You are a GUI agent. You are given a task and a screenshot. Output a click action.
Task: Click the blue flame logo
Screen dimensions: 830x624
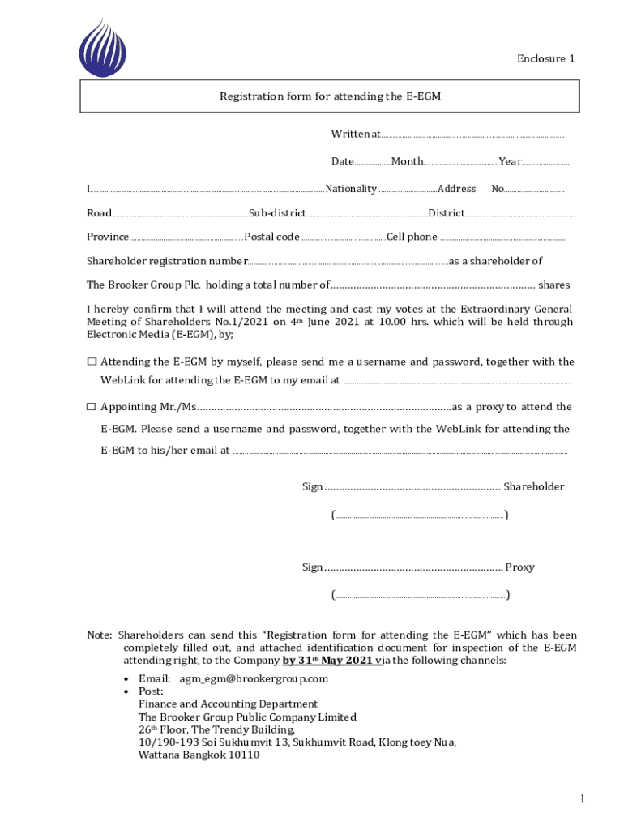click(x=103, y=48)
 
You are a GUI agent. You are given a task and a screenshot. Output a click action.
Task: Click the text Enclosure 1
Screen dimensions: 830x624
click(x=546, y=58)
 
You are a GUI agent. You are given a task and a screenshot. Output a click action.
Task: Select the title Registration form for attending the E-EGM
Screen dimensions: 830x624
click(x=330, y=96)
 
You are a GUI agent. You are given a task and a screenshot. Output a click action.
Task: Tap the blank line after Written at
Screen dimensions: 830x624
click(x=473, y=136)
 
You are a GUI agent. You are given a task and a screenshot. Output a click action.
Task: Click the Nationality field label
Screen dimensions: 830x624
click(x=350, y=189)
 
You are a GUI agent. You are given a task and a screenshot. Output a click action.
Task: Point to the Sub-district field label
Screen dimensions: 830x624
click(x=277, y=213)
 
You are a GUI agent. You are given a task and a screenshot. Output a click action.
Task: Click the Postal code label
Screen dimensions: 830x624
click(x=272, y=237)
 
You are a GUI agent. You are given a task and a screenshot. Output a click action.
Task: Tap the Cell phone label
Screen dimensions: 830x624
click(x=412, y=237)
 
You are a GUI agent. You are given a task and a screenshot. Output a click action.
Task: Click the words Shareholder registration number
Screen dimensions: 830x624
click(x=167, y=261)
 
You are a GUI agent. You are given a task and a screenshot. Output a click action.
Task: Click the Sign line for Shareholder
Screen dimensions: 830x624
click(x=412, y=487)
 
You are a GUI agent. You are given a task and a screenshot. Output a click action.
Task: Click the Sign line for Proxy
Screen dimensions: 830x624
click(x=413, y=567)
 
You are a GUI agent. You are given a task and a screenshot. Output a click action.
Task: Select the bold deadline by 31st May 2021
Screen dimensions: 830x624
click(x=328, y=661)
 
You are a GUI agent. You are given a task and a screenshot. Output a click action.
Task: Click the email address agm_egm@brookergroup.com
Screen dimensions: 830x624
click(x=254, y=678)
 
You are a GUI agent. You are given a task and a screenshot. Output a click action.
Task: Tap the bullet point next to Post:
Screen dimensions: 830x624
click(x=126, y=691)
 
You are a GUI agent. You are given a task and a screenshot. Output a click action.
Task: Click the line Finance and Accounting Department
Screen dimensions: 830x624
click(x=228, y=704)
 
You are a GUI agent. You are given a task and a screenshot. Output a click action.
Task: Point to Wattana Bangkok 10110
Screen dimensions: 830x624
click(x=199, y=755)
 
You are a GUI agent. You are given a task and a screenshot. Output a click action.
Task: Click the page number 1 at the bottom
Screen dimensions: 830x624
click(x=582, y=800)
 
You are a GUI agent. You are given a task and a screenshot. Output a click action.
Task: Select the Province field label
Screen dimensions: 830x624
click(x=108, y=237)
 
